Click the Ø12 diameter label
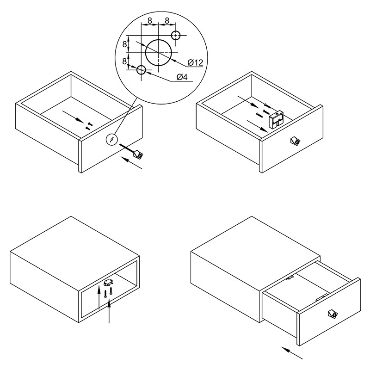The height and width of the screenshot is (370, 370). (x=195, y=62)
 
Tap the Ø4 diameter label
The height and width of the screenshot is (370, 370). (x=182, y=77)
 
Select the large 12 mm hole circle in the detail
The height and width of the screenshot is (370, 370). (x=158, y=52)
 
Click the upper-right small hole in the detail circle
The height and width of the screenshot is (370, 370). (x=176, y=36)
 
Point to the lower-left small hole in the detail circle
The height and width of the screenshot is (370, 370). (x=141, y=70)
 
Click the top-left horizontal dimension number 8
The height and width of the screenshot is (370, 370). (x=149, y=21)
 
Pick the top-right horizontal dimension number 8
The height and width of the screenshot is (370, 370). (x=167, y=21)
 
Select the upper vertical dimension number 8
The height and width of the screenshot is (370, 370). (x=124, y=44)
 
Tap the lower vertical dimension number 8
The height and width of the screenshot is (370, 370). (x=124, y=62)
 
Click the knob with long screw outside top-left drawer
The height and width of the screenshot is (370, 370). (x=132, y=151)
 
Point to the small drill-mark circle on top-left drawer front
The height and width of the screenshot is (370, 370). (x=111, y=140)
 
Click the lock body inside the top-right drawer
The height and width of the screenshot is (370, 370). (x=276, y=120)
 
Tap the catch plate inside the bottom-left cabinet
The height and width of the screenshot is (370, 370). (x=108, y=283)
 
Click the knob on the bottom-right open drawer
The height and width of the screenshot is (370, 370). (x=333, y=314)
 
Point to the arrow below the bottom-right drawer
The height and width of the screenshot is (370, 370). (x=292, y=353)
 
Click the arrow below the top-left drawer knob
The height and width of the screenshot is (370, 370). (x=133, y=163)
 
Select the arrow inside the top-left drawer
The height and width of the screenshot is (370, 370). (x=73, y=117)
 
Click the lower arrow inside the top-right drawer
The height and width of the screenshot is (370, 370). (x=258, y=126)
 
